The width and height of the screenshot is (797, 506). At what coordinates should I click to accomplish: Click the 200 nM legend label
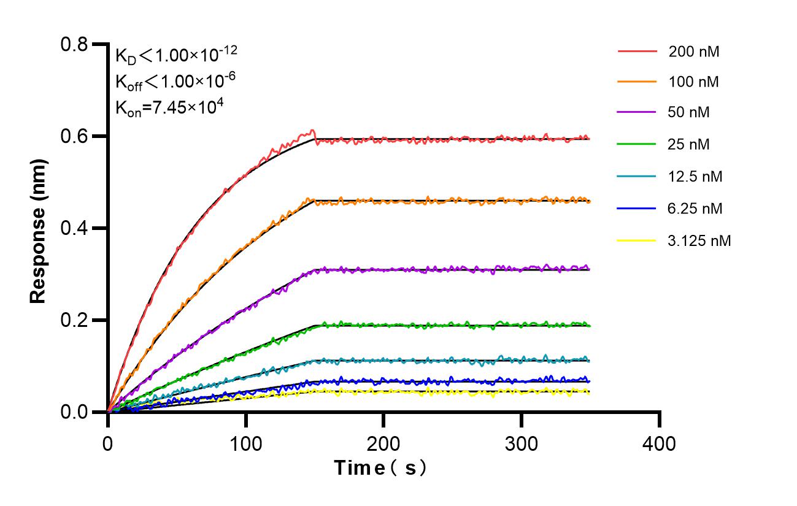pos(694,52)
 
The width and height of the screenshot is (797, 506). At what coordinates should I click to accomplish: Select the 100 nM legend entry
pos(694,82)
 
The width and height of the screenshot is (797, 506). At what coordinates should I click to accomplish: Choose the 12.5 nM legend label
pos(695,177)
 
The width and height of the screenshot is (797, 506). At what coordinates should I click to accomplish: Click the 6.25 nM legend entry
pos(695,209)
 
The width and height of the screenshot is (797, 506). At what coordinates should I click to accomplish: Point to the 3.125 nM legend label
pos(699,241)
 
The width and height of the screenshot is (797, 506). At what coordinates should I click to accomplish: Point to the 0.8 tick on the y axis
pos(74,44)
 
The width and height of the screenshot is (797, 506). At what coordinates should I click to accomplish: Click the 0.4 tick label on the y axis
pos(74,228)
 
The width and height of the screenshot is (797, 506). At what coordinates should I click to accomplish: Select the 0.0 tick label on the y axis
pos(74,412)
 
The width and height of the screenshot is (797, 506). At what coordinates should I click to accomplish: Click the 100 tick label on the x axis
pos(246,442)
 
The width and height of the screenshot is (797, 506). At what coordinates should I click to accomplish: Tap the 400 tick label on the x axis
pos(660,442)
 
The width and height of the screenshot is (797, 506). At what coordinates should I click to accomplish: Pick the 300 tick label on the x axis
pos(522,442)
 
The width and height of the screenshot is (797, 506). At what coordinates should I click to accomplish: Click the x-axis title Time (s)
pos(380,469)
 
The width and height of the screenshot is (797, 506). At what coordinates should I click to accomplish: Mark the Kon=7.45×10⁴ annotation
pos(169,107)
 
